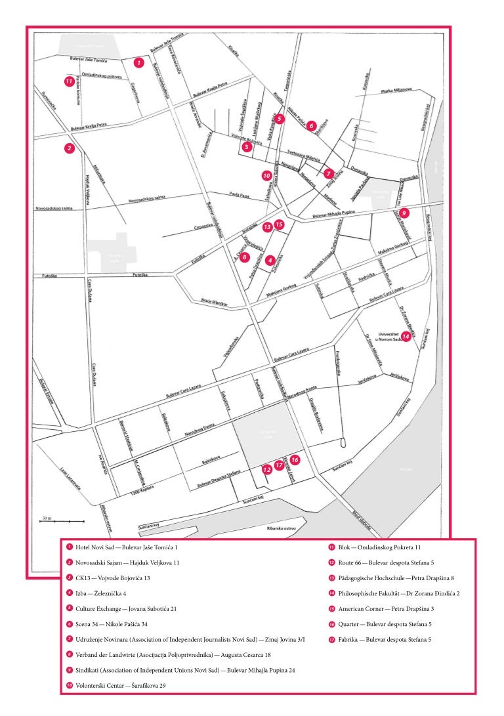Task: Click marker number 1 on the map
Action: pyautogui.click(x=138, y=62)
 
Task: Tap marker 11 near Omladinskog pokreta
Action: pyautogui.click(x=68, y=81)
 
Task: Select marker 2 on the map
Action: pyautogui.click(x=68, y=149)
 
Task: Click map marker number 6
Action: pyautogui.click(x=312, y=125)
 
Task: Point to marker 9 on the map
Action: pyautogui.click(x=404, y=213)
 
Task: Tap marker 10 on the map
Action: pyautogui.click(x=266, y=176)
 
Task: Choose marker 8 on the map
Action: pyautogui.click(x=245, y=257)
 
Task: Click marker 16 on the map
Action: pyautogui.click(x=295, y=460)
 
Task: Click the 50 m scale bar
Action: pyautogui.click(x=62, y=520)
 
